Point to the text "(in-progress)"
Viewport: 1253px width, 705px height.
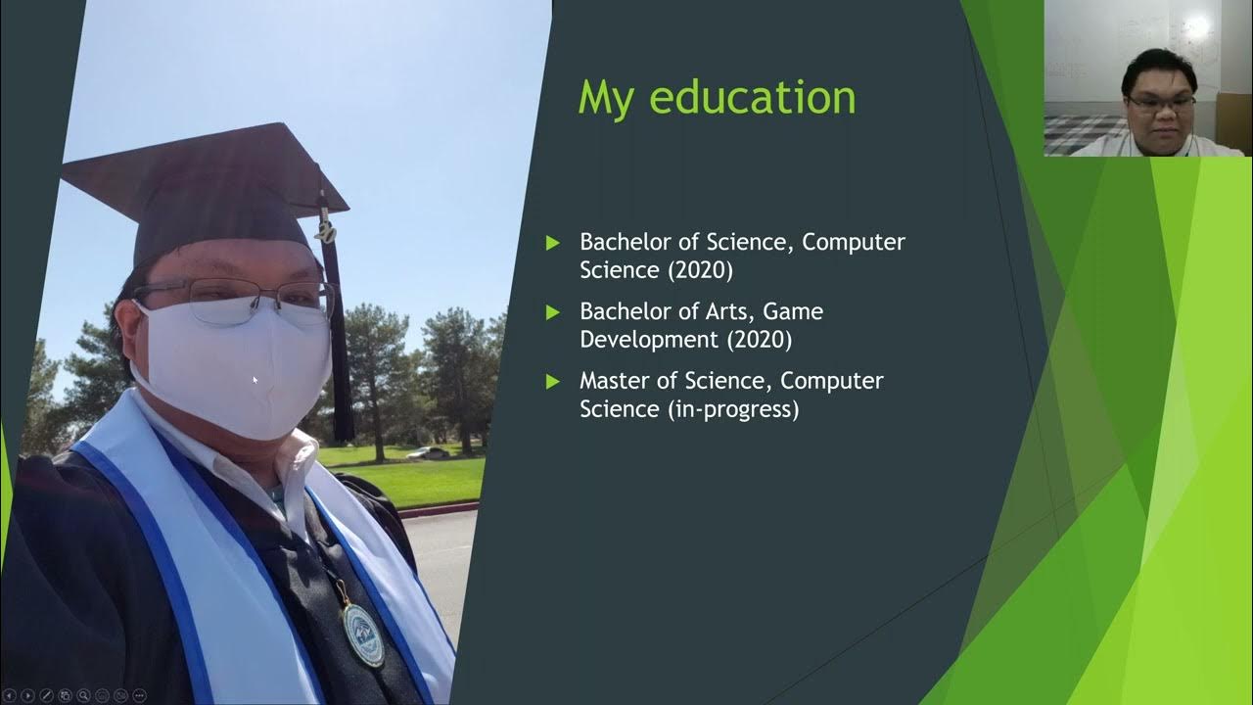pyautogui.click(x=733, y=409)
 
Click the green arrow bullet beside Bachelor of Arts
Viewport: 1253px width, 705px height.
pyautogui.click(x=553, y=312)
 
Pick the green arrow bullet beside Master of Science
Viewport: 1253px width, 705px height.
pyautogui.click(x=553, y=381)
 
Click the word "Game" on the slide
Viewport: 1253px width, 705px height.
pyautogui.click(x=793, y=311)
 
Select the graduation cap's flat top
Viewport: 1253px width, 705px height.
pyautogui.click(x=206, y=171)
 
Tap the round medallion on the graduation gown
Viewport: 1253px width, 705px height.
pyautogui.click(x=364, y=634)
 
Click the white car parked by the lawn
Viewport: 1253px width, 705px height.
pyautogui.click(x=428, y=452)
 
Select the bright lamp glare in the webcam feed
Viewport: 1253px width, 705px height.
pyautogui.click(x=1197, y=27)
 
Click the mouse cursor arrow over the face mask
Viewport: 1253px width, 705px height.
pyautogui.click(x=255, y=380)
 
